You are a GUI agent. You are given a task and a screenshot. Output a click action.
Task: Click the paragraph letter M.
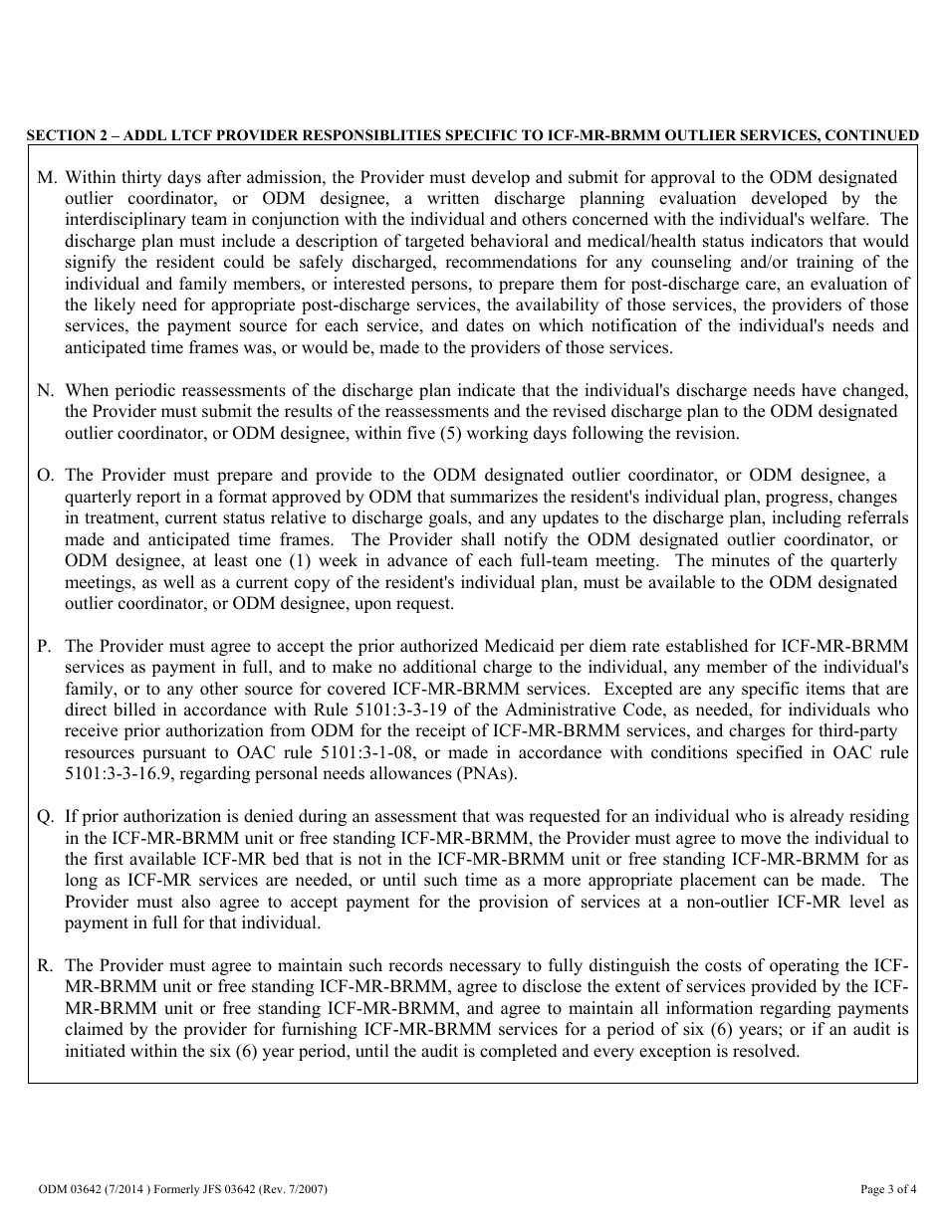(x=45, y=177)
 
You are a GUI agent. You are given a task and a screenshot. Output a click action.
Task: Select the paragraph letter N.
(x=45, y=390)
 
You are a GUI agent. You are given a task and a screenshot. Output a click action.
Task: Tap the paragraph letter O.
(x=45, y=476)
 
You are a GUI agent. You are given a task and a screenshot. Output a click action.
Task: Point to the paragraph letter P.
(x=44, y=646)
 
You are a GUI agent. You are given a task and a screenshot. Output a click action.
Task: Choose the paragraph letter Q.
(x=45, y=816)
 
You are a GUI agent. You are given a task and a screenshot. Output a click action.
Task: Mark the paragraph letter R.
(x=45, y=965)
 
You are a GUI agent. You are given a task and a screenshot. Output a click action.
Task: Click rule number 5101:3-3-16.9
(x=113, y=774)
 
